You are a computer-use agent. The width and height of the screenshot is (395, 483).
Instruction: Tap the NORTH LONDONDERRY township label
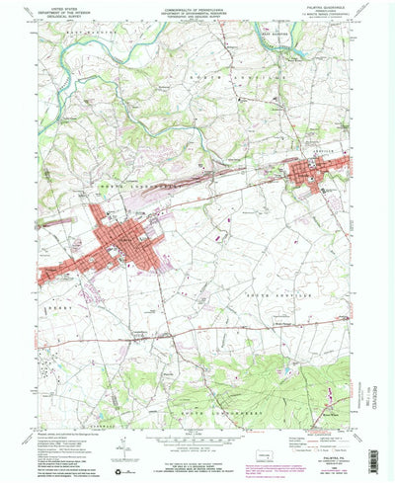(128, 184)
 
